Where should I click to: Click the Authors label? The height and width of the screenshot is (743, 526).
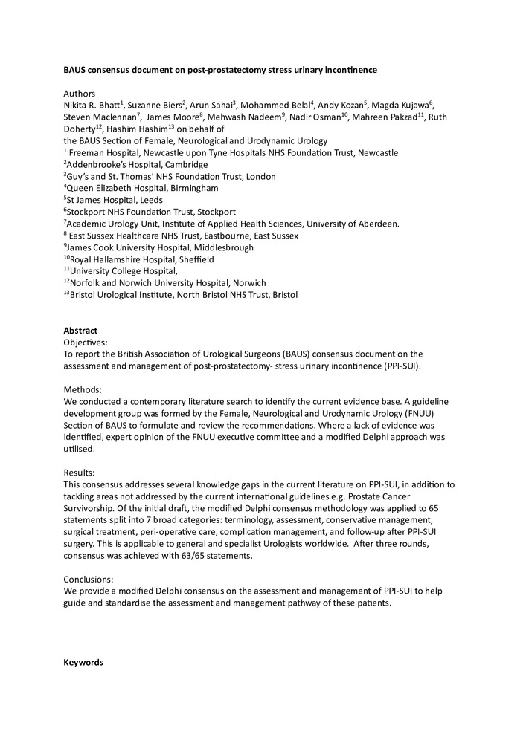(80, 94)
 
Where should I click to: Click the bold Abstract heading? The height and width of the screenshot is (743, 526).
(80, 331)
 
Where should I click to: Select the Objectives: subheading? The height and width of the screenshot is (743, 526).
(86, 343)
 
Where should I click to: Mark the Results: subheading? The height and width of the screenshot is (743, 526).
(79, 473)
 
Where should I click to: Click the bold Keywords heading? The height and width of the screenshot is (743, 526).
(83, 662)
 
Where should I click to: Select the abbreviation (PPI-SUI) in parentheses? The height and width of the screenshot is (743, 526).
(400, 366)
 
